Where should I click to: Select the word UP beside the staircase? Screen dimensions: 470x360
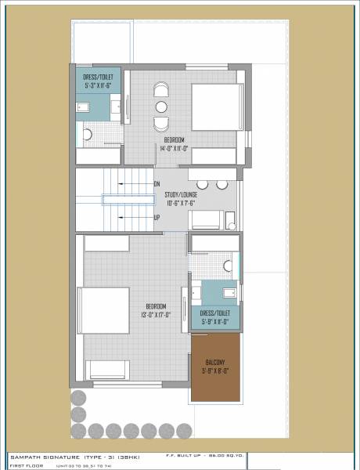click(x=157, y=217)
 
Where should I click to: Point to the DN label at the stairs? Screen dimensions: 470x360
click(x=157, y=185)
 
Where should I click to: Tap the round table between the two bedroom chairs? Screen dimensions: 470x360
click(x=160, y=107)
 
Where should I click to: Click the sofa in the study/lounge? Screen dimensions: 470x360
click(x=207, y=219)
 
